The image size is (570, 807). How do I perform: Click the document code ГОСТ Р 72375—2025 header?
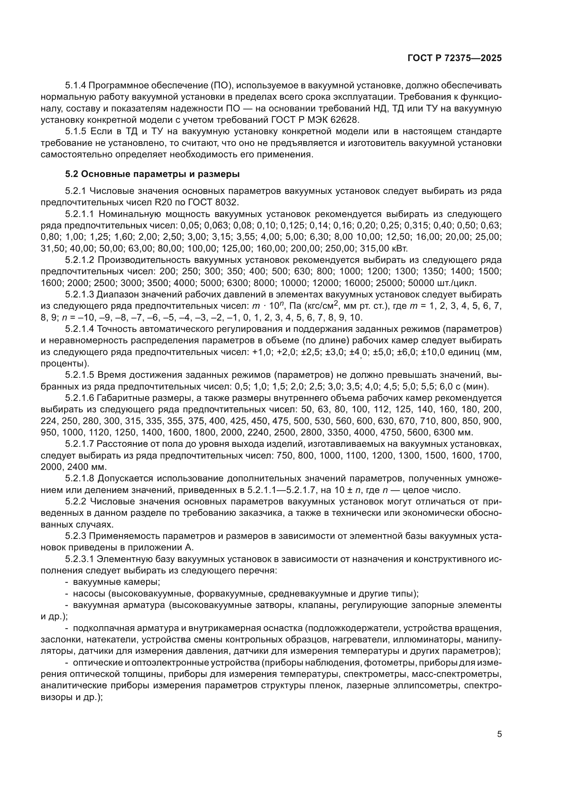pos(455,58)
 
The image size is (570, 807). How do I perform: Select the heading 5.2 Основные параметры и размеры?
pos(152,174)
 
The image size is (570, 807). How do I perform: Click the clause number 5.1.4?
pos(75,86)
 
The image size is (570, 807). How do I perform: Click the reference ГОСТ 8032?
pos(219,203)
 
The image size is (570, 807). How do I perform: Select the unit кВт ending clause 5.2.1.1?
pos(400,248)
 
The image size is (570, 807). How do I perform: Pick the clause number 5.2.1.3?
pos(79,294)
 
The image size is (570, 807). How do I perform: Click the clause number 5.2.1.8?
pos(79,478)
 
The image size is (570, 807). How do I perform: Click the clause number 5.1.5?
pos(75,131)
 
